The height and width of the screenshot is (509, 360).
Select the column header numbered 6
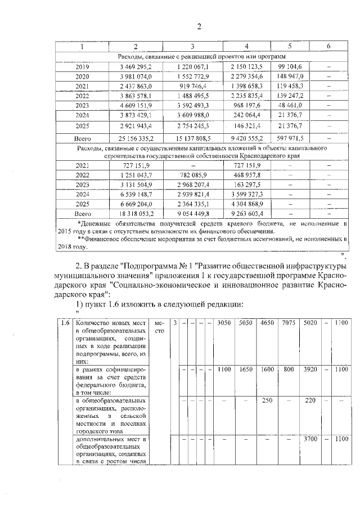[x=328, y=47]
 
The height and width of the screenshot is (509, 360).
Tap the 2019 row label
[x=82, y=67]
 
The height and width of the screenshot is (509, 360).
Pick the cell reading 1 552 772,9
[x=192, y=76]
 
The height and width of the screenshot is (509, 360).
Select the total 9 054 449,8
[x=192, y=214]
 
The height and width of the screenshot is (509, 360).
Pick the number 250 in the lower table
[x=267, y=401]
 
